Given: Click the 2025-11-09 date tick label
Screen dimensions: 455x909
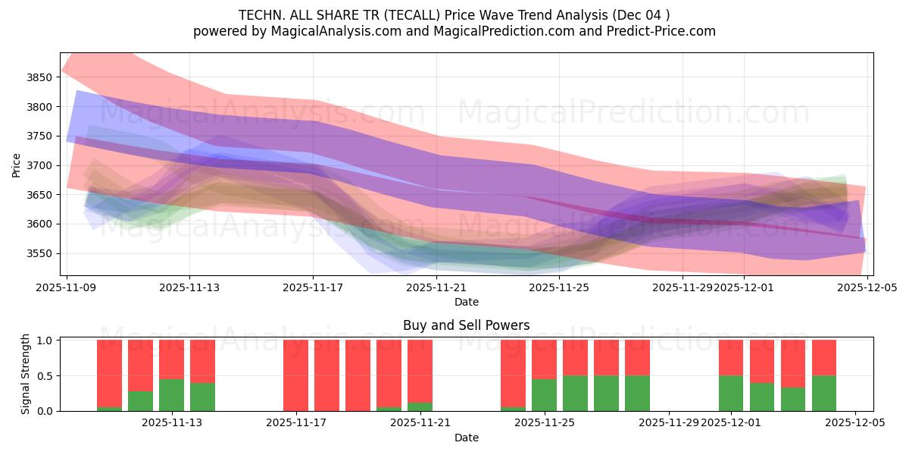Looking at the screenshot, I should click(x=67, y=287).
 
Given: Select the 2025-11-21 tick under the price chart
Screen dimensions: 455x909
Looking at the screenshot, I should click(x=436, y=287).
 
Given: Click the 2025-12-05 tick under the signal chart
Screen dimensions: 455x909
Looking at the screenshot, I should click(x=855, y=422).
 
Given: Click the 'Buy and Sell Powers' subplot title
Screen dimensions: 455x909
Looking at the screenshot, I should click(x=467, y=325).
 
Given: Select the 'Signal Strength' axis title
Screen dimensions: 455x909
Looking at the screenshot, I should click(x=26, y=375).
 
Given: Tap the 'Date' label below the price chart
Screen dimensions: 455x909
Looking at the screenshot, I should click(x=467, y=302).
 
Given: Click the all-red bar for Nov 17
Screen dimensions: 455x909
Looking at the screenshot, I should click(x=295, y=375).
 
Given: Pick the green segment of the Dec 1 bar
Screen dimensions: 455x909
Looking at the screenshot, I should click(x=731, y=393).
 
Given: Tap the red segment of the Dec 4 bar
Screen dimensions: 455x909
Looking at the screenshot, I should click(x=824, y=357).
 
